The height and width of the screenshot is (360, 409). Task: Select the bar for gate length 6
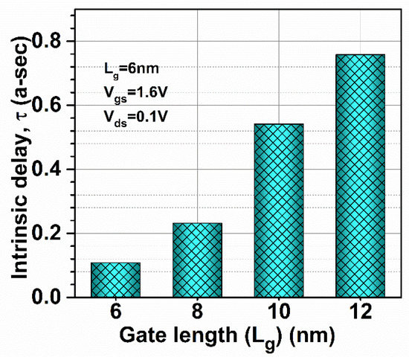pos(115,280)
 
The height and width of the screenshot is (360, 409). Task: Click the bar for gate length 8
pos(197,260)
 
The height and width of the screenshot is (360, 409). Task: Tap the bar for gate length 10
pos(279,210)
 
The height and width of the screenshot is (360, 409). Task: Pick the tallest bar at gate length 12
pos(360,176)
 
